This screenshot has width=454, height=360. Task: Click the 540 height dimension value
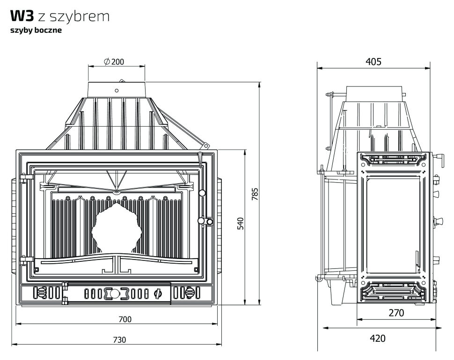241,223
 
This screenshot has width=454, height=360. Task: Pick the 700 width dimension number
125,319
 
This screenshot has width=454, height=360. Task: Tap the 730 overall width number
119,340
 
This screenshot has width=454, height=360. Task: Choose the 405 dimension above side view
373,61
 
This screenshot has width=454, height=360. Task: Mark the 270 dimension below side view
396,313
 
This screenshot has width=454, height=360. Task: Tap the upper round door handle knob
202,193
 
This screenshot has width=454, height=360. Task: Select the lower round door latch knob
202,221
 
